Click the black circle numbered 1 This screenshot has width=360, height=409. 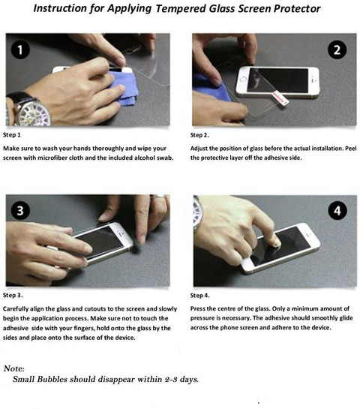20,50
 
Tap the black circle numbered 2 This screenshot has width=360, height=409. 337,50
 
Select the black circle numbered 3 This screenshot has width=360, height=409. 20,210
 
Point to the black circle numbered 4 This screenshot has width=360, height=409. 337,210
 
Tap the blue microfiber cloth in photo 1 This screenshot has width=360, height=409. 121,86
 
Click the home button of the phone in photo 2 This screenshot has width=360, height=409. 243,79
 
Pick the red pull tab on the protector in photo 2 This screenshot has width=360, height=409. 280,98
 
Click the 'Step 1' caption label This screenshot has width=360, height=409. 12,135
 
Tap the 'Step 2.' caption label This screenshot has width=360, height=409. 199,135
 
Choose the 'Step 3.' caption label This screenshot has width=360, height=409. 13,295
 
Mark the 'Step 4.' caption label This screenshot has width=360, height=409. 200,296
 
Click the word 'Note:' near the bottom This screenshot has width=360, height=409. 14,368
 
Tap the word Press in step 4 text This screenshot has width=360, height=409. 197,308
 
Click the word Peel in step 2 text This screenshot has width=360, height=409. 351,149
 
